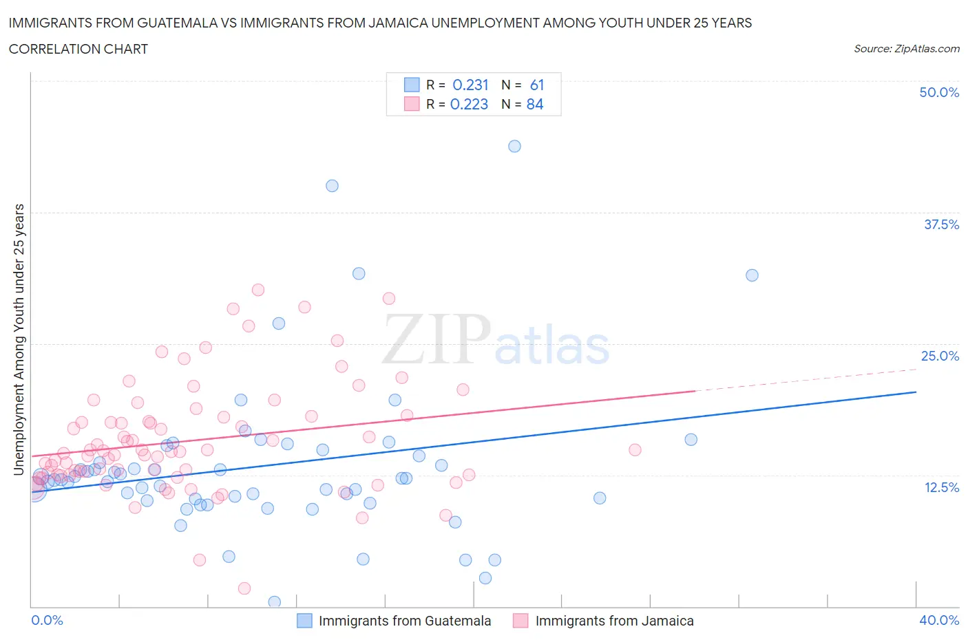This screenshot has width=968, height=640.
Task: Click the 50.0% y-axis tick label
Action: [939, 92]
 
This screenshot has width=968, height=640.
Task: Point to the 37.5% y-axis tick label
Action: [941, 224]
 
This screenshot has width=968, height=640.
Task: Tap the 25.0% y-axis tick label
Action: [940, 356]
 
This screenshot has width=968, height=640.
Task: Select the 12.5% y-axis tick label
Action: [941, 487]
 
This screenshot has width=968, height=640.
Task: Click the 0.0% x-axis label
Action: [47, 620]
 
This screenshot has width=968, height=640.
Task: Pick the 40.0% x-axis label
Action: [939, 620]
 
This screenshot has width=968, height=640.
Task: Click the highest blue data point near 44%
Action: [514, 146]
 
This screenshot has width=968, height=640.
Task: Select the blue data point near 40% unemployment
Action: [332, 186]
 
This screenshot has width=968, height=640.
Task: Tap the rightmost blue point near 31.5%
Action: [752, 275]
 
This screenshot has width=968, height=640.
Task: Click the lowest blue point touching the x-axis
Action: [274, 602]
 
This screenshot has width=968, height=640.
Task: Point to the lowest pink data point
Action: [244, 588]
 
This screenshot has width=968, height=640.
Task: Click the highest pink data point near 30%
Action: [258, 290]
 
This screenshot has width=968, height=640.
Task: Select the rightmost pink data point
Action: [635, 450]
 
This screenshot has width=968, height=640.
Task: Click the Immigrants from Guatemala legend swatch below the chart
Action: [304, 621]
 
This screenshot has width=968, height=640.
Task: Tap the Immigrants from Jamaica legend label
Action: [614, 621]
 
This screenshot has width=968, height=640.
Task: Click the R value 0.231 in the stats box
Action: [470, 85]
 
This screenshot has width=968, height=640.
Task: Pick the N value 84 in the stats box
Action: [534, 104]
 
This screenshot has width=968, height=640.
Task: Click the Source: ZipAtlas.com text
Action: [906, 48]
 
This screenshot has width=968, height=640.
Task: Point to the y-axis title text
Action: [19, 339]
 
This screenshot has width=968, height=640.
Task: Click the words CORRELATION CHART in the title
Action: [78, 49]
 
